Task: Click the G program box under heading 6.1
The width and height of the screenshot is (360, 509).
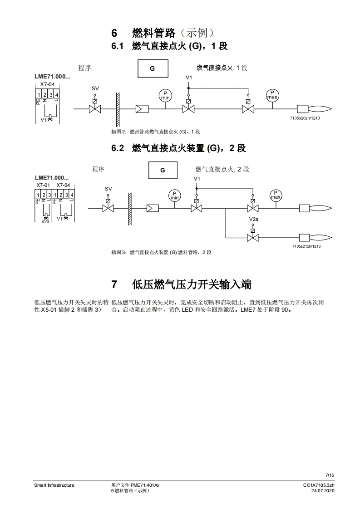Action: [153, 69]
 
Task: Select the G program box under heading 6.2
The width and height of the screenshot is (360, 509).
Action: [163, 171]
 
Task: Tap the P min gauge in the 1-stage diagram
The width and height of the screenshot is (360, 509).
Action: [165, 95]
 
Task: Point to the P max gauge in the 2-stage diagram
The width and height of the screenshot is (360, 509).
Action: [276, 195]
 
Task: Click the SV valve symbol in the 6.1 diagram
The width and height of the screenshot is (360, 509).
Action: [95, 109]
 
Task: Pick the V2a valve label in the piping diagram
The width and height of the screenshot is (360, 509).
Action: [253, 219]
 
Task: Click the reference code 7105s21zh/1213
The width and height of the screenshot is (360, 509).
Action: [306, 246]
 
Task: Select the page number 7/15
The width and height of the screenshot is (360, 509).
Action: [330, 475]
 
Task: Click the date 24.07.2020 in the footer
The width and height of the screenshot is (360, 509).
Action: [323, 491]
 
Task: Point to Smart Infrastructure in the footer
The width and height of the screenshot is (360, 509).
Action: [54, 485]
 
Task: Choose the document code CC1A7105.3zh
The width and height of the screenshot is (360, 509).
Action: [319, 485]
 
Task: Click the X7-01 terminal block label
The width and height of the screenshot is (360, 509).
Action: [43, 185]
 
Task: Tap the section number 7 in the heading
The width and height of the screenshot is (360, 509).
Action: [114, 284]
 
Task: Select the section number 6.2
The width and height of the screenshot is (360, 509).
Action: [118, 148]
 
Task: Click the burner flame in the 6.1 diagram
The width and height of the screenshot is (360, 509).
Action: [321, 109]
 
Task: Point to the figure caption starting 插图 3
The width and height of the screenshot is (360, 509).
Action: [161, 252]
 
